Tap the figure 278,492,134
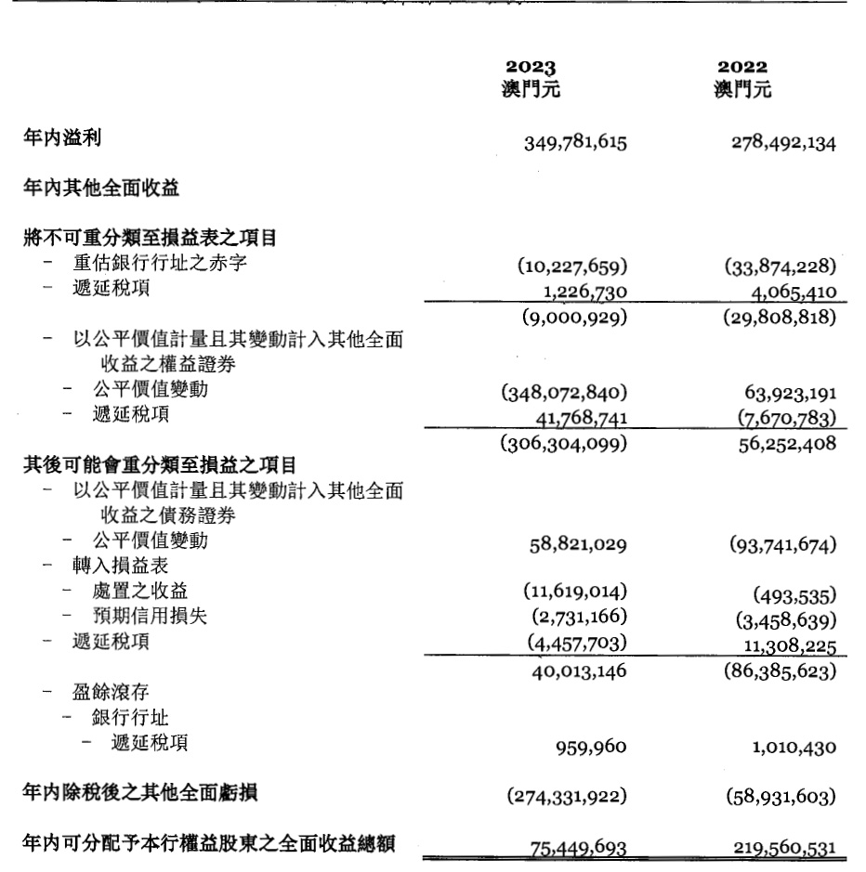pos(782,143)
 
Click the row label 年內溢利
pos(61,138)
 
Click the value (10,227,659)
pos(573,267)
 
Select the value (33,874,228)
pos(782,267)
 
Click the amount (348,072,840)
pos(565,392)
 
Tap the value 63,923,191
pos(789,392)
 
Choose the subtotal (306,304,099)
pos(565,444)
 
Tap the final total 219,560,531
pos(782,848)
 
